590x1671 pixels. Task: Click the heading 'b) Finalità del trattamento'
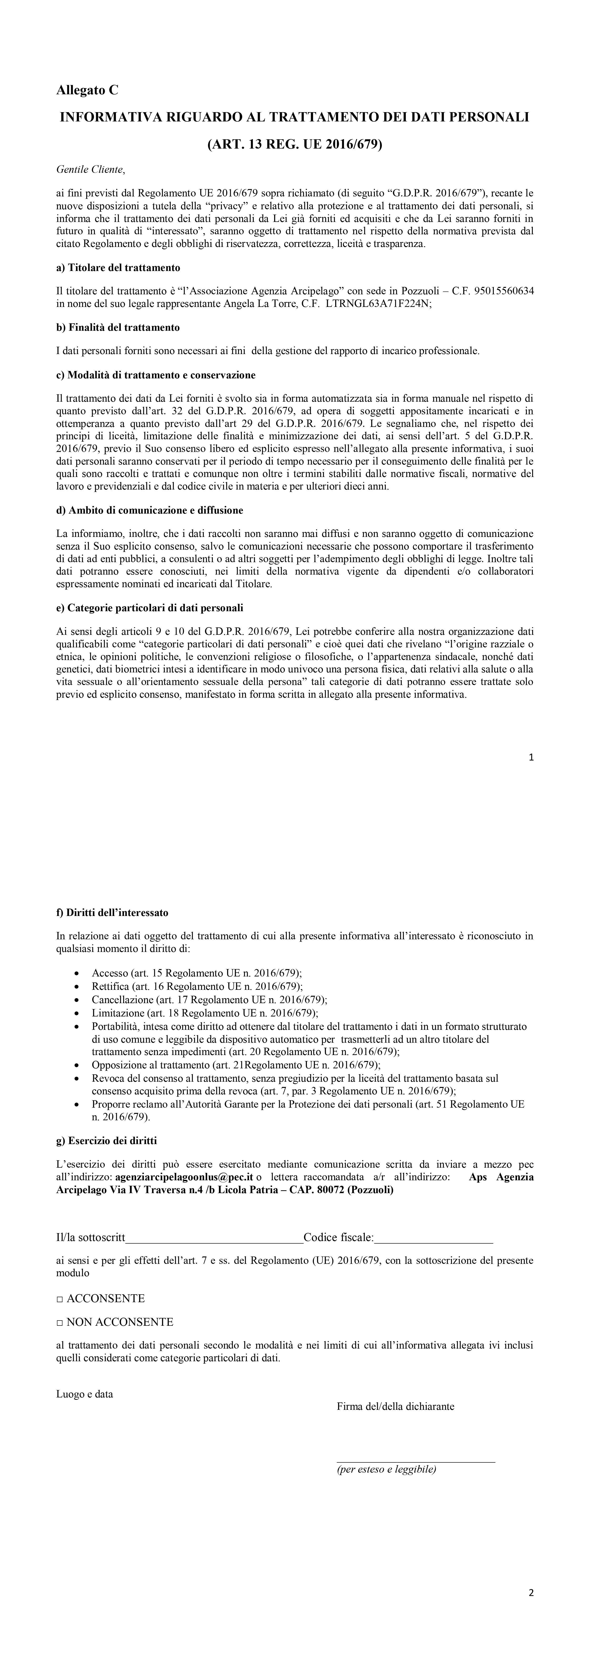click(x=118, y=328)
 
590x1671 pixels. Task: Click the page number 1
click(x=532, y=757)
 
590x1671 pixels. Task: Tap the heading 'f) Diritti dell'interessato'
click(x=112, y=913)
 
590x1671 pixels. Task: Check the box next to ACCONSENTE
click(x=60, y=1299)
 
